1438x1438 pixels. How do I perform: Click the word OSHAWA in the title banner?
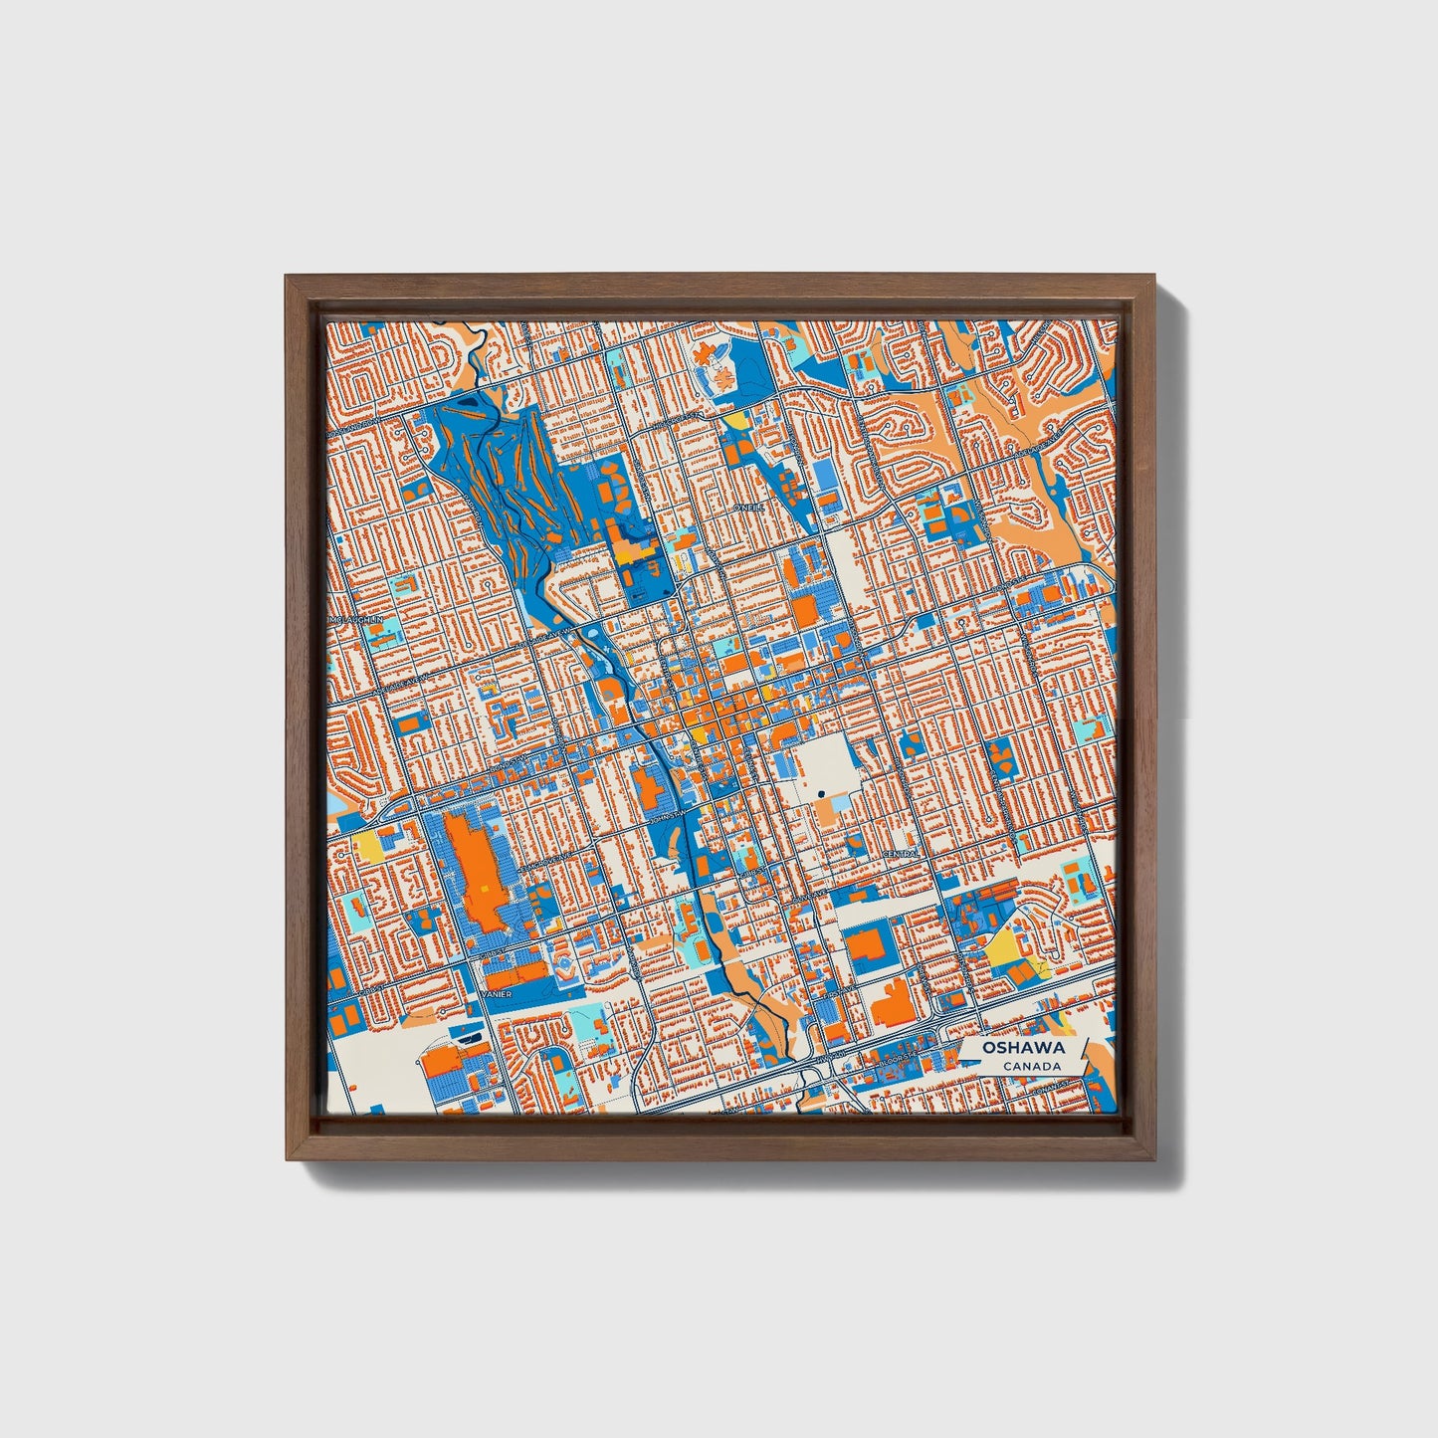point(1023,1048)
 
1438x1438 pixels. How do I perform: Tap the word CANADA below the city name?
point(1031,1067)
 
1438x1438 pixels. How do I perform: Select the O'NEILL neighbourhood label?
point(749,507)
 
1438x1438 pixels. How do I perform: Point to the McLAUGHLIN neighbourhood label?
point(355,619)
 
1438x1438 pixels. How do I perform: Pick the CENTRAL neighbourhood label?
point(900,855)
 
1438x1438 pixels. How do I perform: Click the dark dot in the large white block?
point(821,793)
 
